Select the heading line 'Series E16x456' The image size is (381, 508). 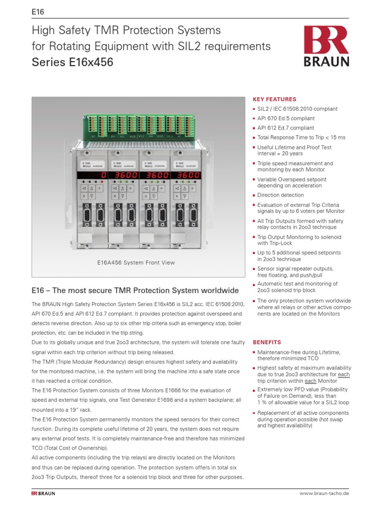pos(72,63)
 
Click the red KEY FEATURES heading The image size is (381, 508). pos(274,99)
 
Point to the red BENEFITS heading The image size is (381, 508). pos(267,342)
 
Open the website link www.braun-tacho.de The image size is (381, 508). pos(324,494)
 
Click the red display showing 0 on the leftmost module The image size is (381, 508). pos(92,176)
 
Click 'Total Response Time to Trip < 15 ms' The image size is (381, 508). pos(301,137)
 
